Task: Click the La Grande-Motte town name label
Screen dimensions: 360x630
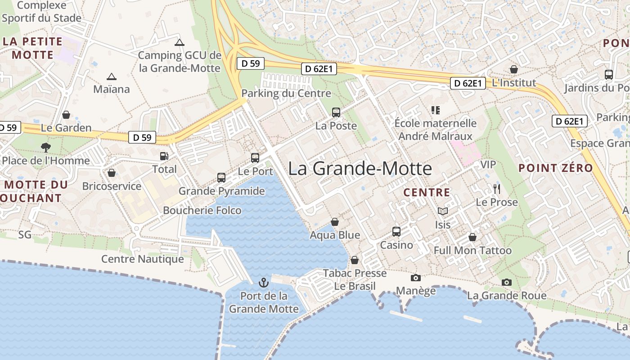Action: click(360, 169)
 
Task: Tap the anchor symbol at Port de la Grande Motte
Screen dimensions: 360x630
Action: click(264, 283)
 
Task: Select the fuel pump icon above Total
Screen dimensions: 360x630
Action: click(164, 156)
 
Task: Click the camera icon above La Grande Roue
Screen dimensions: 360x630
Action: click(507, 282)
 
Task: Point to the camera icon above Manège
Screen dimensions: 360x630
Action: click(416, 278)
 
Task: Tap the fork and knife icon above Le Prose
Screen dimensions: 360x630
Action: click(497, 189)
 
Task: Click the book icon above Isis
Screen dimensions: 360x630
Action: click(443, 211)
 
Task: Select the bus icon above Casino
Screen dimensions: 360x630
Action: click(396, 231)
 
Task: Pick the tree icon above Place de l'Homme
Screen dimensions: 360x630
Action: click(45, 147)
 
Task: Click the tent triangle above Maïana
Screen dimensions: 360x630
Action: click(111, 76)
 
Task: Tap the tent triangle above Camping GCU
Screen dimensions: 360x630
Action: click(180, 42)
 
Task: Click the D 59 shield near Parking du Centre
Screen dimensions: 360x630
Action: click(250, 63)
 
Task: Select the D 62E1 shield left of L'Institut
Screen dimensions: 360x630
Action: click(468, 83)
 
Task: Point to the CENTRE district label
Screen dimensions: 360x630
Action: click(427, 193)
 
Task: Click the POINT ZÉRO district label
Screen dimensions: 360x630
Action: click(555, 168)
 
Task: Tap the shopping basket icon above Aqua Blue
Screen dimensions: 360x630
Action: click(335, 222)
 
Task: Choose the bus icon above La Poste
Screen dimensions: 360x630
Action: click(336, 112)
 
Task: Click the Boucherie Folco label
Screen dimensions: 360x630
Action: click(202, 210)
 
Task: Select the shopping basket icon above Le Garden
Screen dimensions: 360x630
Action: click(66, 115)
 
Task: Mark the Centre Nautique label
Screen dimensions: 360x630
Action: click(142, 259)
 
